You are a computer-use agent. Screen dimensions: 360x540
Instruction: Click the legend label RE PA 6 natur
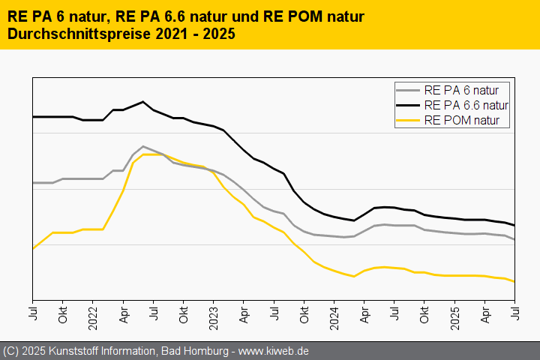tap(466, 90)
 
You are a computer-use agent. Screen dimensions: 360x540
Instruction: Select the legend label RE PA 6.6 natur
tap(466, 105)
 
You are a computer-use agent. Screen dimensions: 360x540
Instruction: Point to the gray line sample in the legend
tap(409, 90)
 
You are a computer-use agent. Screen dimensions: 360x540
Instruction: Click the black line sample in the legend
tap(409, 105)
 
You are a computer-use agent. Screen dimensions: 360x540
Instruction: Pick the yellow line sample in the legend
tap(409, 120)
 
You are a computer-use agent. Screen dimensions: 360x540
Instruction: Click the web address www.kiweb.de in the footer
tap(274, 351)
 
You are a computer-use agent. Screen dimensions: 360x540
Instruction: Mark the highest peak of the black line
tap(142, 101)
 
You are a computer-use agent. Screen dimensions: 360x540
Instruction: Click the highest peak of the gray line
tap(142, 146)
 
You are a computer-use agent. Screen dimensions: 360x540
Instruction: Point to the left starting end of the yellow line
tap(33, 248)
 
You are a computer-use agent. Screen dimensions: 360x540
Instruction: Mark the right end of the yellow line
tap(514, 282)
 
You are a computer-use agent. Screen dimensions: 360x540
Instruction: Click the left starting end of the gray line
tap(33, 183)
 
